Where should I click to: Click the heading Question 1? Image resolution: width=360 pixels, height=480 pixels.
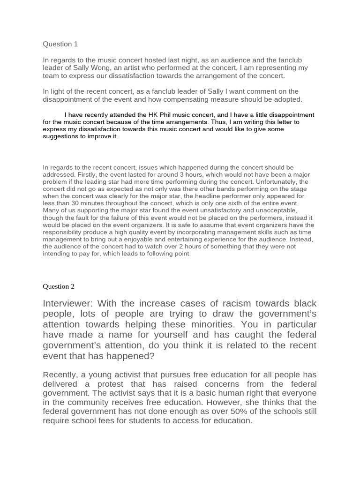pos(60,44)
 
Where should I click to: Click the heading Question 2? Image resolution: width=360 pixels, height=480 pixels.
pos(59,286)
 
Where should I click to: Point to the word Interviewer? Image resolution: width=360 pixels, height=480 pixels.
pos(69,303)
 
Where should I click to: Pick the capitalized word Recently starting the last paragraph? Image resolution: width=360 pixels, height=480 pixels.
pos(61,375)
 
